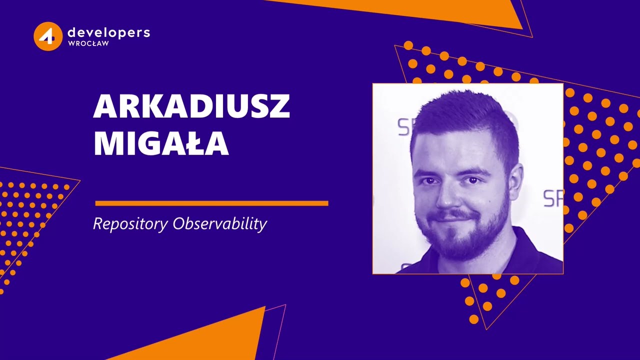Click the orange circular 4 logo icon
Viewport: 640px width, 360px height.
click(x=48, y=36)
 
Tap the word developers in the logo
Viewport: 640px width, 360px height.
click(x=108, y=32)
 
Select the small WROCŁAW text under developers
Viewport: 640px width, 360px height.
click(x=88, y=43)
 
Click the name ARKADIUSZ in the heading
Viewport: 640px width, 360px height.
click(x=191, y=106)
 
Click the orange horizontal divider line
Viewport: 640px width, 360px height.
click(x=211, y=203)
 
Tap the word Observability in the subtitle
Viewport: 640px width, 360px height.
click(x=219, y=224)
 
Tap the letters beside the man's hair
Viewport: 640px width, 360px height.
click(x=404, y=127)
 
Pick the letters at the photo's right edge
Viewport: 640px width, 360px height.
click(x=553, y=198)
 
